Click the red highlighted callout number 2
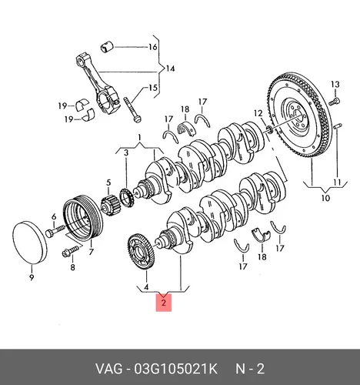pos(164,303)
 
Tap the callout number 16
pos(152,47)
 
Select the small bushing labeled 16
pos(106,47)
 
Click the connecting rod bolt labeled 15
pos(132,109)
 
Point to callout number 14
pos(170,69)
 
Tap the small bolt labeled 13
pos(334,101)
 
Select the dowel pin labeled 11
pos(338,126)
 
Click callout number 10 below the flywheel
pos(325,198)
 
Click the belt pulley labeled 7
pos(82,218)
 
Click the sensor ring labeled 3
pos(126,198)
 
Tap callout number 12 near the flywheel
pos(258,113)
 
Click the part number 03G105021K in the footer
pos(176,370)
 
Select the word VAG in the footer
pos(109,370)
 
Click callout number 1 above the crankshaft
pos(139,138)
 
